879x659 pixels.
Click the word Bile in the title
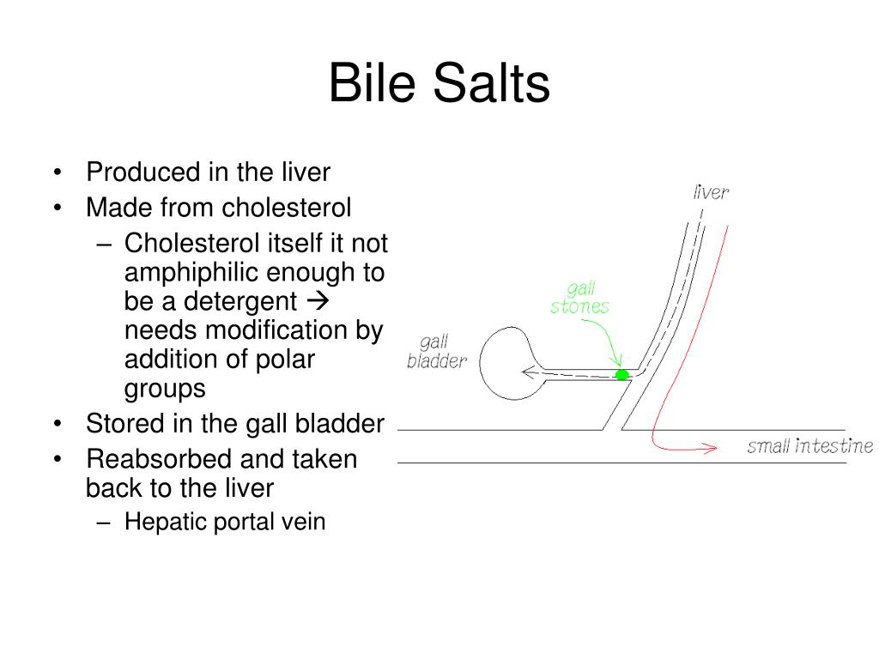click(372, 83)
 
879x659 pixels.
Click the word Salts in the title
click(492, 83)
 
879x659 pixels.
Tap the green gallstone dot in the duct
click(621, 374)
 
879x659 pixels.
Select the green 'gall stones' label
click(579, 298)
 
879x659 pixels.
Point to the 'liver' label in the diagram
click(711, 192)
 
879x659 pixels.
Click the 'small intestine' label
click(810, 446)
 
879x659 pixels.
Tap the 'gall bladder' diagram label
click(437, 351)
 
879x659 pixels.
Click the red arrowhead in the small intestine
click(710, 447)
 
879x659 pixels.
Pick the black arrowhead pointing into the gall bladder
click(529, 372)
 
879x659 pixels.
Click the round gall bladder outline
click(481, 363)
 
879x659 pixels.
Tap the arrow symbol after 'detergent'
click(318, 301)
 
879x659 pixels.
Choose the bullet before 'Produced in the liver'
click(58, 172)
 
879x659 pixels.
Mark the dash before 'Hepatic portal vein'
click(103, 523)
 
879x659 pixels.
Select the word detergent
click(240, 301)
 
